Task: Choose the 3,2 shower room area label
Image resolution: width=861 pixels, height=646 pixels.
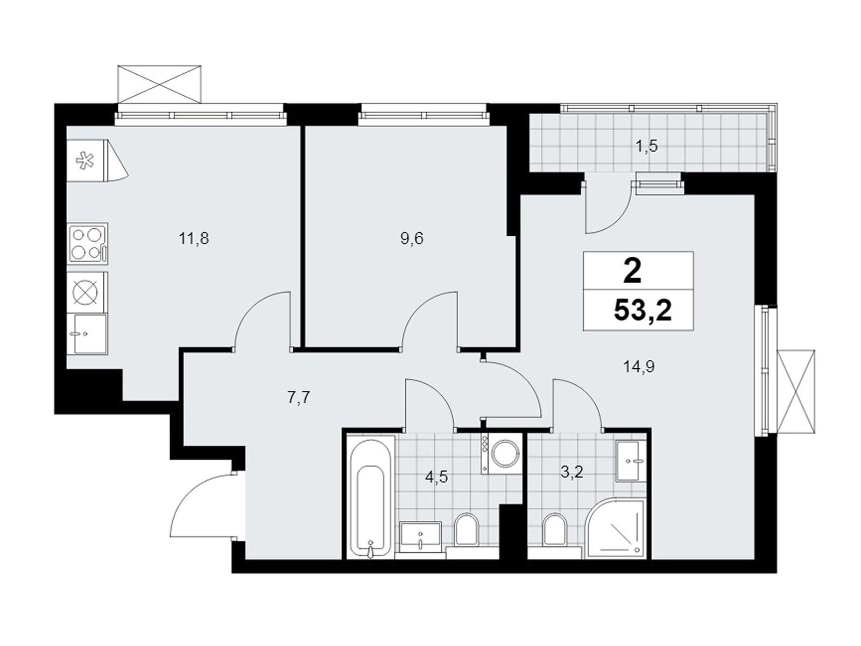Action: point(573,472)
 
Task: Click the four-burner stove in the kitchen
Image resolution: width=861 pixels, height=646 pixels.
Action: point(88,243)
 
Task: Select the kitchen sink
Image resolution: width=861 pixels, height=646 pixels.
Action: point(87,333)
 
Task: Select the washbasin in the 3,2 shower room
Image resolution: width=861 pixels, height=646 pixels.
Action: point(631,460)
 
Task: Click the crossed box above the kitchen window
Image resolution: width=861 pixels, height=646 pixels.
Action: point(159,85)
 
